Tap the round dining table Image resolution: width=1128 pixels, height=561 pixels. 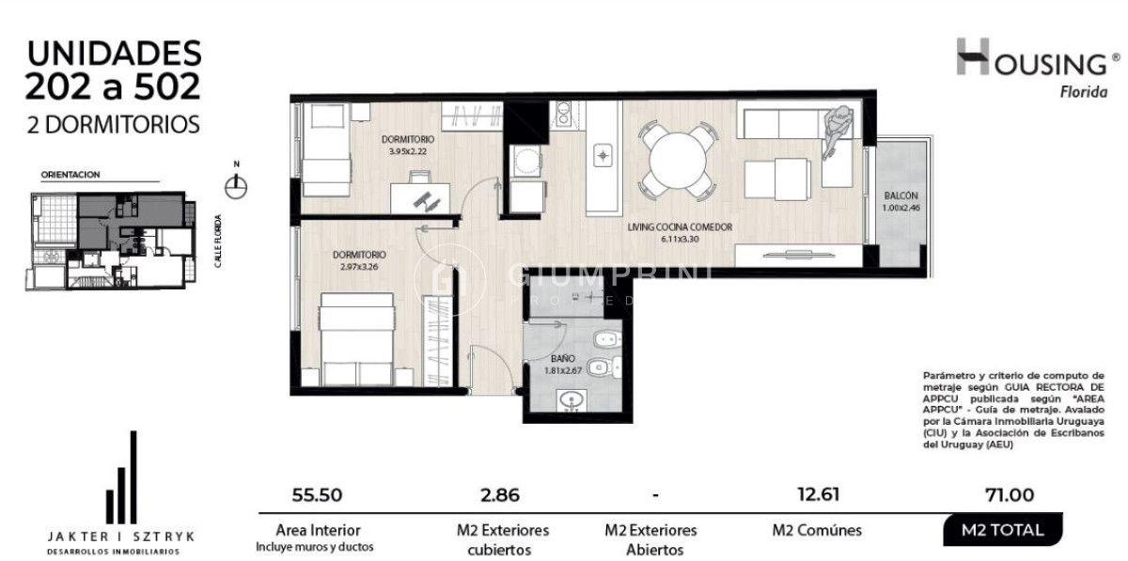point(675,161)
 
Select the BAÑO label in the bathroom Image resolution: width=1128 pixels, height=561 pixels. point(561,358)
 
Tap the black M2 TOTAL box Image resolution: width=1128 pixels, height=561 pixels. point(1003,530)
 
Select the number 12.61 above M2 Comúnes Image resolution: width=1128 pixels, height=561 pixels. point(816,495)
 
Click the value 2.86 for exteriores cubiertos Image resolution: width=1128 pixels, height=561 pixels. point(500,495)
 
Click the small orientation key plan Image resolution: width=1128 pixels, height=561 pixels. point(110,240)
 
